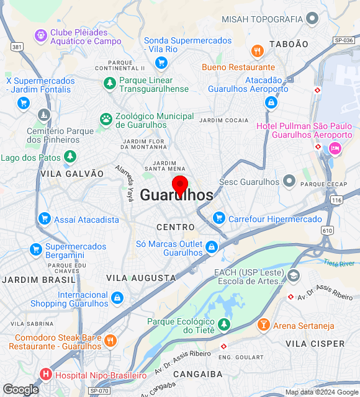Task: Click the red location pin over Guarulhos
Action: [180, 185]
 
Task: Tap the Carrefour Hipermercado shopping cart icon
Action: [218, 218]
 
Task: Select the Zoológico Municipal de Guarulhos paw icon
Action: [106, 118]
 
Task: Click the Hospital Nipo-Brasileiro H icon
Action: [45, 375]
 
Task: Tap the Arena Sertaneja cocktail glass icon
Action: [263, 324]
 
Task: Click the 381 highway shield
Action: [17, 47]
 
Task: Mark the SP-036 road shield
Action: [343, 40]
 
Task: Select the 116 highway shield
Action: [337, 200]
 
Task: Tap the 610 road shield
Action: [327, 230]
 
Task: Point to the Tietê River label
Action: [339, 264]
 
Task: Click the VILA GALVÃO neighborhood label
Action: [72, 174]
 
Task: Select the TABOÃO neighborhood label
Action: [289, 44]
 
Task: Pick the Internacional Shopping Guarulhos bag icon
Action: [117, 299]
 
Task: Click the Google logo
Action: [20, 390]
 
